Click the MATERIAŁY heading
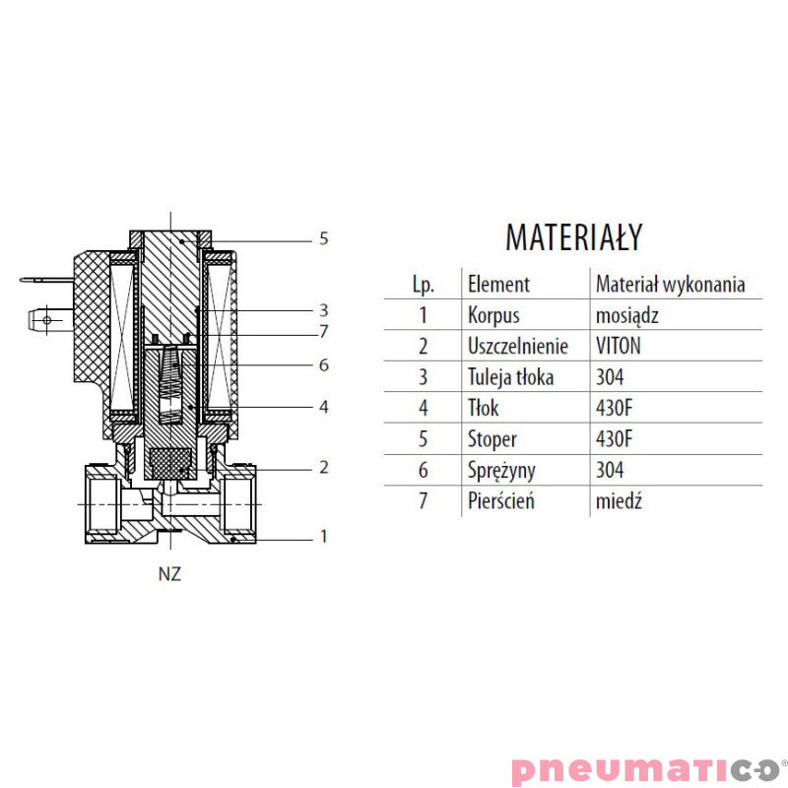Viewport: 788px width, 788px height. pos(574,237)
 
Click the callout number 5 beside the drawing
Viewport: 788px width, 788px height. pos(324,238)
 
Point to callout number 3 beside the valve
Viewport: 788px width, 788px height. pos(324,310)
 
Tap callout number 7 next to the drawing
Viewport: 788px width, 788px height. pos(324,331)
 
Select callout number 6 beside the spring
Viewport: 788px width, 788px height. pos(324,364)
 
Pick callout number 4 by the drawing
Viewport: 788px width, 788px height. pos(324,407)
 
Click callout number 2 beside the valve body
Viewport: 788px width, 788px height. pos(324,467)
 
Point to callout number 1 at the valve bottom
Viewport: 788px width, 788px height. pos(324,536)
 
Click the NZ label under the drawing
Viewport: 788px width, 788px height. pos(169,574)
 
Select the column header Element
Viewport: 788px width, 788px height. pos(498,285)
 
